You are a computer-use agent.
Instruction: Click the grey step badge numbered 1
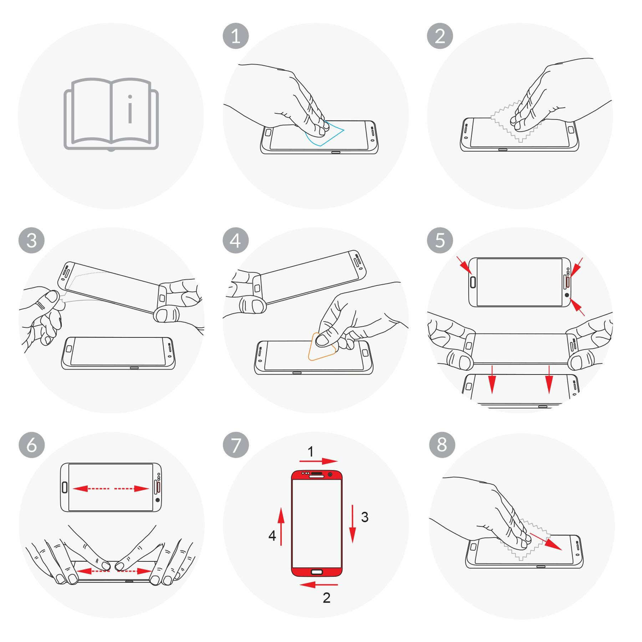tap(235, 36)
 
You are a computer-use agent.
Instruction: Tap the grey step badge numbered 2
tap(440, 36)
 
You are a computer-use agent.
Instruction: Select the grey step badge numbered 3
tap(31, 240)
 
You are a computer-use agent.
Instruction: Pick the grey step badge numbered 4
tap(235, 240)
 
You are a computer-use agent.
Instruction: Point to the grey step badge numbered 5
tap(440, 240)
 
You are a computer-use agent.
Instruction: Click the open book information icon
tap(111, 114)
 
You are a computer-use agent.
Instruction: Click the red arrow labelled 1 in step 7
tap(318, 461)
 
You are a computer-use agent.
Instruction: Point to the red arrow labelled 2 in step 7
tap(318, 585)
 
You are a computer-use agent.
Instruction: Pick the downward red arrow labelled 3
tap(353, 524)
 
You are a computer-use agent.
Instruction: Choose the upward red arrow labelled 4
tap(281, 526)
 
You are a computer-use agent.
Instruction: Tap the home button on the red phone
tap(317, 572)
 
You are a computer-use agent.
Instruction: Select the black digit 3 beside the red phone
tap(365, 517)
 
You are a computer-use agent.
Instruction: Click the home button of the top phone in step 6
tap(65, 488)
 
